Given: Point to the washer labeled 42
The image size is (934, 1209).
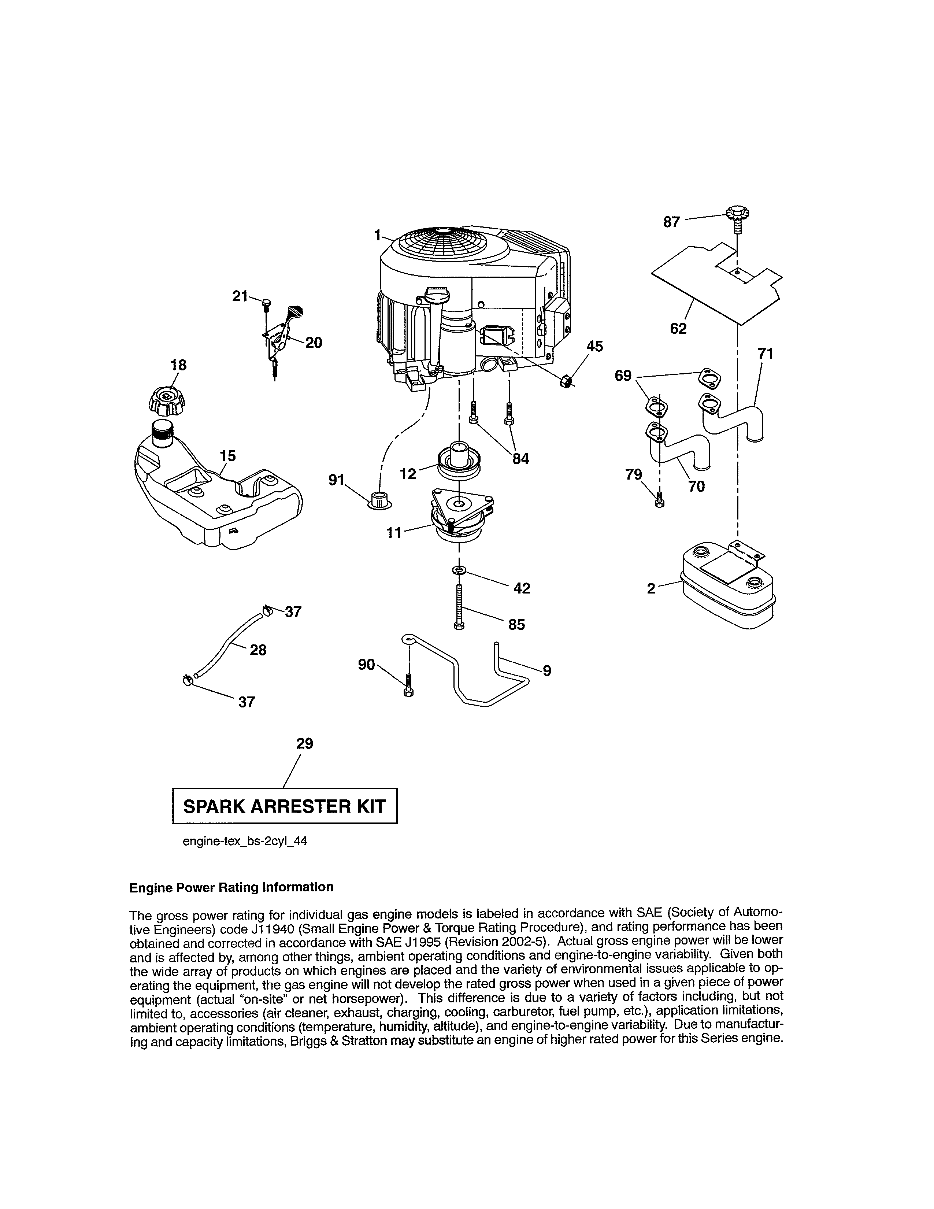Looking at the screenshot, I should click(459, 570).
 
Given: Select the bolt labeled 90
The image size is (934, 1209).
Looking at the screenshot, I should click(408, 684).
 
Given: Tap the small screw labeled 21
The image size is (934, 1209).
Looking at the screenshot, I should click(266, 303).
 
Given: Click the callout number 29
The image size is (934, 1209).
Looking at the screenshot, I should click(304, 743).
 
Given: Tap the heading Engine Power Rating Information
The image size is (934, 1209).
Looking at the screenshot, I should click(231, 887).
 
